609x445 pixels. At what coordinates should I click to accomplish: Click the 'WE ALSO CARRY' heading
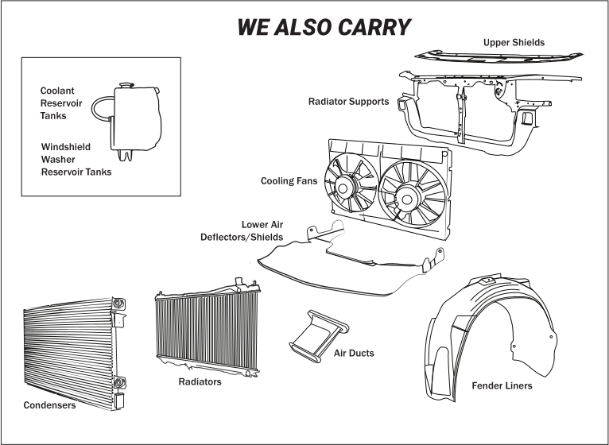[x=324, y=26]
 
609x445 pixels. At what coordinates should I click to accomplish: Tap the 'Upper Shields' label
[x=514, y=42]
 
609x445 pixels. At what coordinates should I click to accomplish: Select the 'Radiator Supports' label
[x=348, y=102]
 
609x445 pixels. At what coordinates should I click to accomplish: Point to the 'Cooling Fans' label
[x=289, y=181]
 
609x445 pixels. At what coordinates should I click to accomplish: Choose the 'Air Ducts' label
[x=354, y=353]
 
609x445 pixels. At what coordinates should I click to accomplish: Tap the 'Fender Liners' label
[x=502, y=386]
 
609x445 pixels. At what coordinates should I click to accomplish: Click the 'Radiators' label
[x=200, y=382]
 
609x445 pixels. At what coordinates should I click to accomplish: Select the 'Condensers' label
[x=49, y=405]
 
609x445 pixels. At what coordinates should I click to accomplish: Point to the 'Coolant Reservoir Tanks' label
[x=63, y=103]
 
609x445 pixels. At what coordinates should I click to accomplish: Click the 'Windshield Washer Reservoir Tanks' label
[x=76, y=159]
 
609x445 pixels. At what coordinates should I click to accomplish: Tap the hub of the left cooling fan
[x=345, y=188]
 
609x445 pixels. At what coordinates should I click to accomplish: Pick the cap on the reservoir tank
[x=124, y=83]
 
